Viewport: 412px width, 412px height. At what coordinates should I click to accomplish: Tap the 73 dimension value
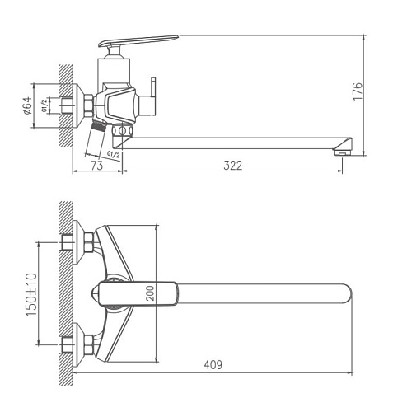(96, 166)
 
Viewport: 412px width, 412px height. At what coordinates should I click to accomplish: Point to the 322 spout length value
(233, 166)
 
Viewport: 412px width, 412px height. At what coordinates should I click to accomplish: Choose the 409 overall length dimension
(213, 363)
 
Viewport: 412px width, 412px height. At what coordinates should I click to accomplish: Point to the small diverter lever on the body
(153, 87)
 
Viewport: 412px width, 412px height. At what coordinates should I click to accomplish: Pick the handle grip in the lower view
(136, 293)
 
